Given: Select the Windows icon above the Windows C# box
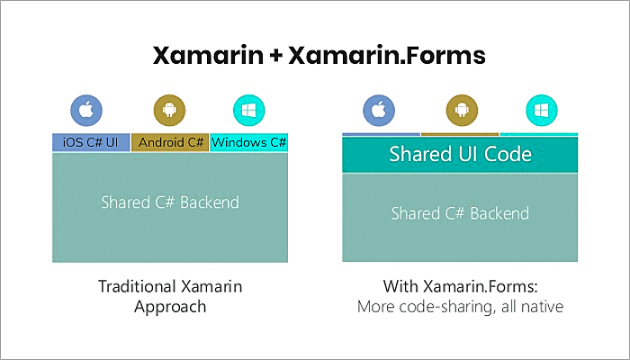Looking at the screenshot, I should point(248,112).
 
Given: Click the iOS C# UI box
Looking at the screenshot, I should point(91,142).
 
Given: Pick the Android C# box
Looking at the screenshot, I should point(169,142).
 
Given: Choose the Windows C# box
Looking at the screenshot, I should point(248,142).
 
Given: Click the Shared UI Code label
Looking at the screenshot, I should point(460,154).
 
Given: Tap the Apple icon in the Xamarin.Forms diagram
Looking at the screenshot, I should point(380,112).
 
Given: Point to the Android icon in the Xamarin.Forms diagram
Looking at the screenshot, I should point(460,112).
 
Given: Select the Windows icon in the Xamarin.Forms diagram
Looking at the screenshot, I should point(541,112).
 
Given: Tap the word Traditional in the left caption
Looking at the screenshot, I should point(134,287).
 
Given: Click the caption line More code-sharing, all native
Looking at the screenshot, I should point(460,307).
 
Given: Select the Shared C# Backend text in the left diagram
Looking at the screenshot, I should point(169,202).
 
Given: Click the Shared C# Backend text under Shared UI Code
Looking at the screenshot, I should point(460,213).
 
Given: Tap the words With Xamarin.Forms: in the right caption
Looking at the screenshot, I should point(460,288).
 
